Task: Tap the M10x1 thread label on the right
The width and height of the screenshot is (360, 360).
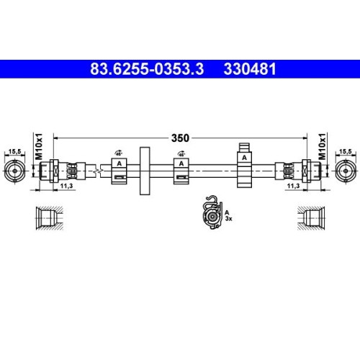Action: (321, 145)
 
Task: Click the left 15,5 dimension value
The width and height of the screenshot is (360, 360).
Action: (14, 151)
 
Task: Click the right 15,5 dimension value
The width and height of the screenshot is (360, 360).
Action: (346, 151)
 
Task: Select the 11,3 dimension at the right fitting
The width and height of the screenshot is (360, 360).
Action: (293, 186)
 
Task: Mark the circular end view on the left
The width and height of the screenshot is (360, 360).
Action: (14, 171)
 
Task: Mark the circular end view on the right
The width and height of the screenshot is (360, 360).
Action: (346, 171)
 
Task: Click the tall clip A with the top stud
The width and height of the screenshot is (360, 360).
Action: (245, 167)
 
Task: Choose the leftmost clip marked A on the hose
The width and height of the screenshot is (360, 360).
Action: (120, 171)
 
